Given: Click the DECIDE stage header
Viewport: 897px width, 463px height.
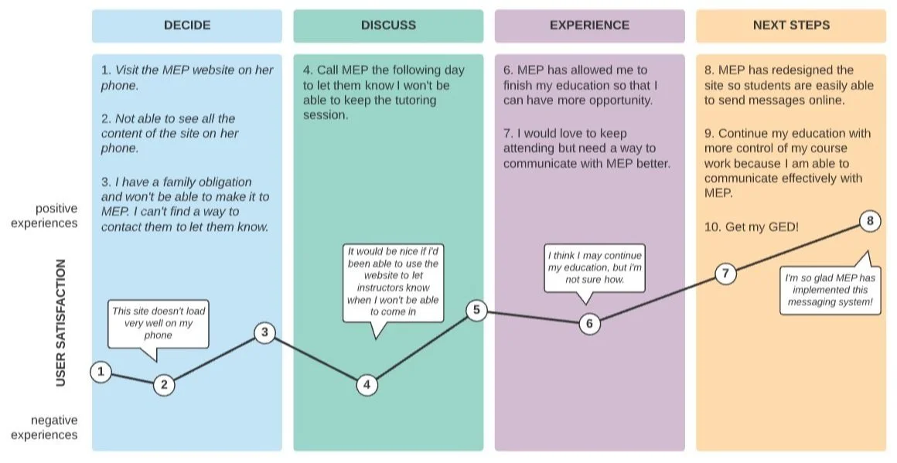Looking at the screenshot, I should coord(187,26).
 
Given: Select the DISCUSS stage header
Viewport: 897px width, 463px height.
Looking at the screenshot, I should coord(388,26).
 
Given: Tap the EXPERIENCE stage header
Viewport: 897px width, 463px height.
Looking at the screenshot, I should coord(589,26).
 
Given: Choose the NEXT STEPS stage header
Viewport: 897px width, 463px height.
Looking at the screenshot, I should coord(791,26).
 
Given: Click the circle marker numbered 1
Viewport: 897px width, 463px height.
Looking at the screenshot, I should coord(100,372).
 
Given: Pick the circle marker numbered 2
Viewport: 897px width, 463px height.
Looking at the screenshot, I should coord(163,384).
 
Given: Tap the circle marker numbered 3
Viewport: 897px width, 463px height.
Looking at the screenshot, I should coord(264,332).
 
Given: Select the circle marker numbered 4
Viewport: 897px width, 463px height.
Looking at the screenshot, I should coord(367,384).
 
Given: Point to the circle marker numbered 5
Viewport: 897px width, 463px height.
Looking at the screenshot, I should coord(476,311).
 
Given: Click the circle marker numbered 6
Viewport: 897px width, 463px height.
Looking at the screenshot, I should coord(589,323).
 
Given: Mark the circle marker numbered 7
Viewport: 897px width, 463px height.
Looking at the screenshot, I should coord(725,273).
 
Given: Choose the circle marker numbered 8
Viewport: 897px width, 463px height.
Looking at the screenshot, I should coord(869,222).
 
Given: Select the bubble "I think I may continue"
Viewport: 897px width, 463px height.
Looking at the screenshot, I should coord(594,267).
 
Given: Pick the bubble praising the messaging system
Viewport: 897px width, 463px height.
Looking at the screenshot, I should coord(830,290).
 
